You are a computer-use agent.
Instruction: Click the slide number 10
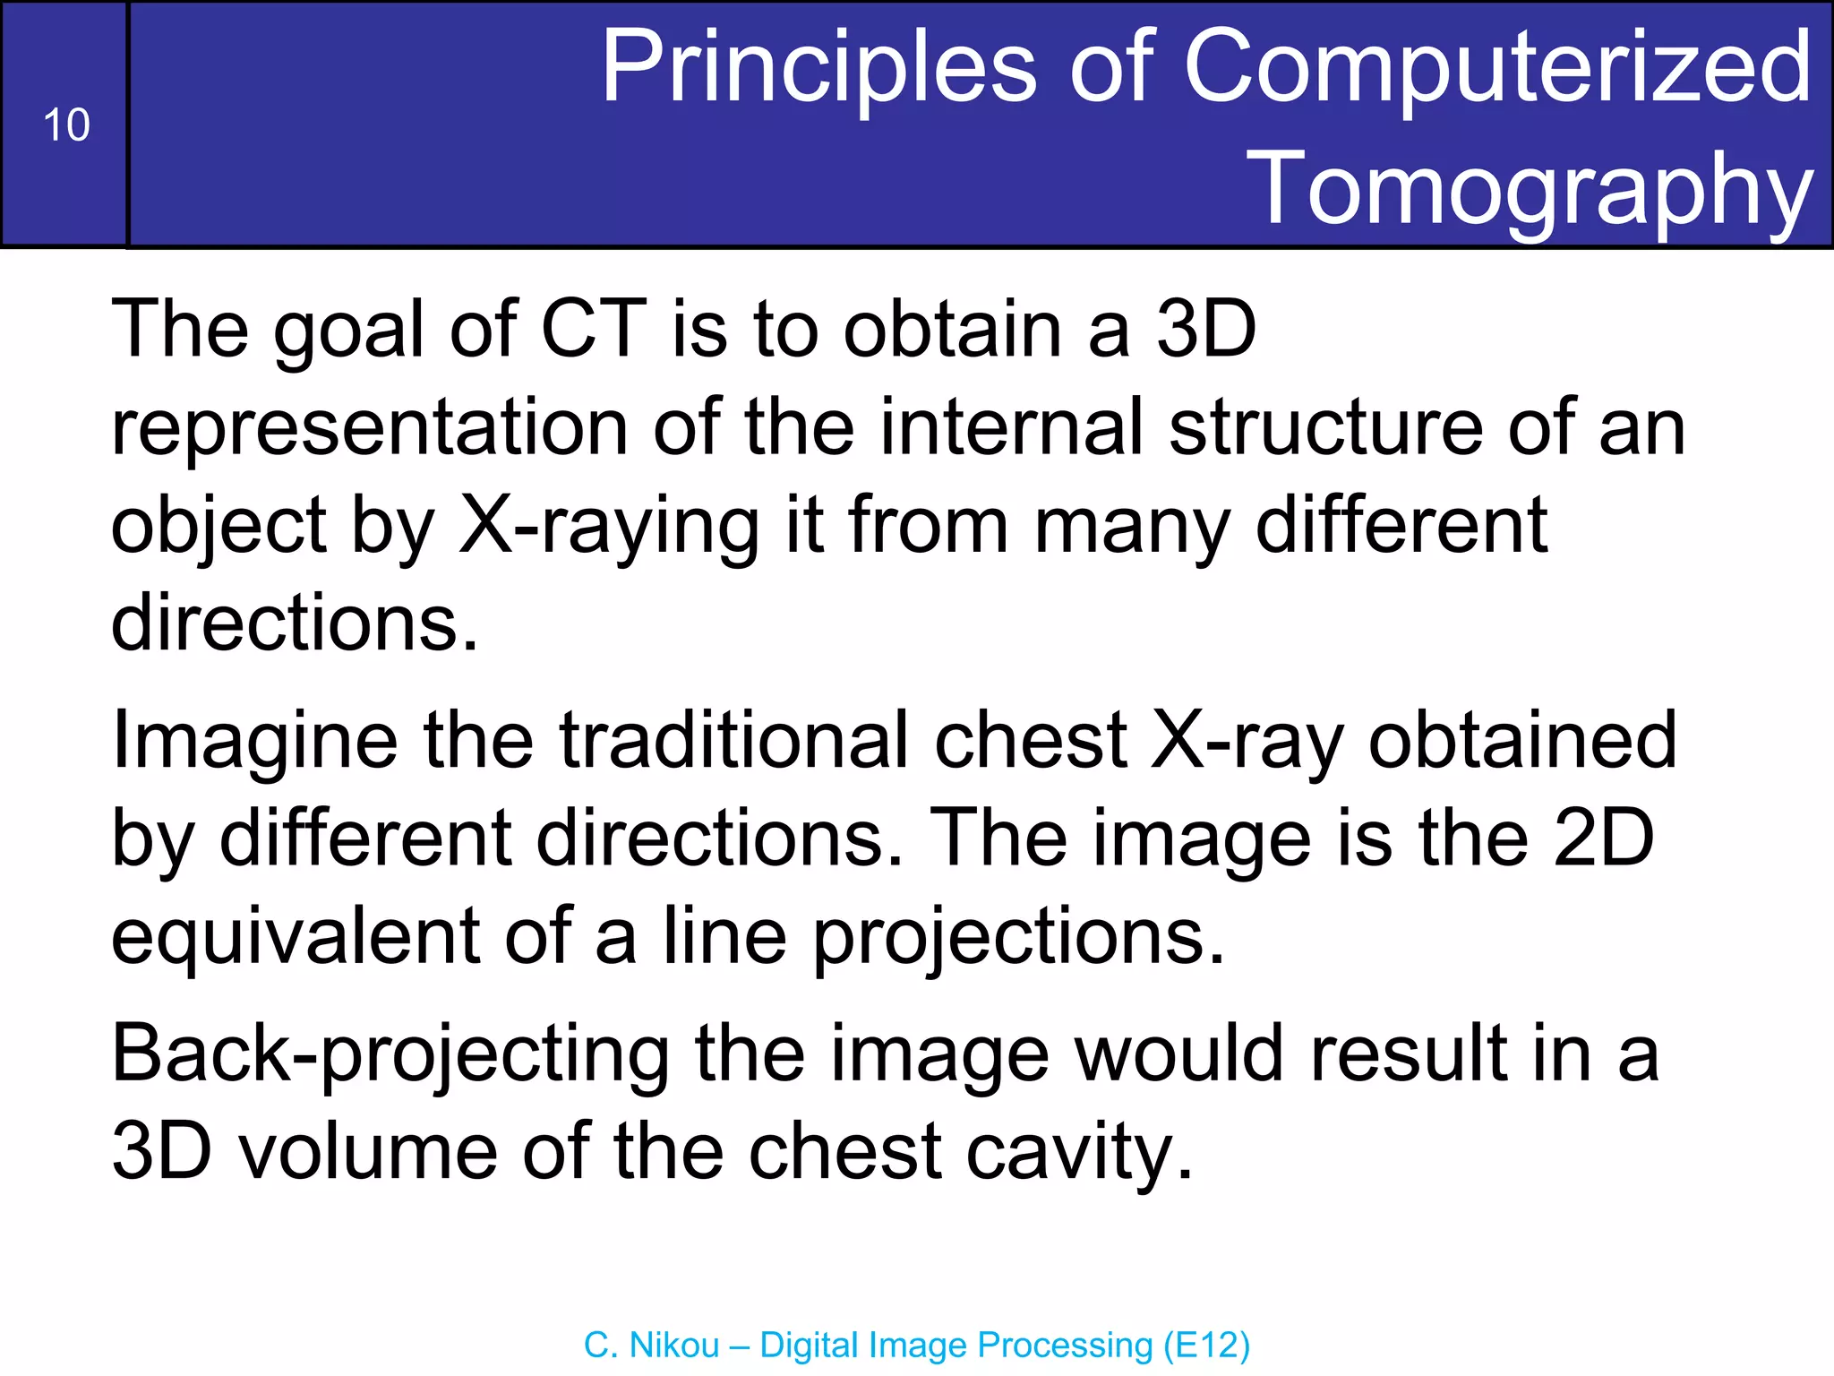tap(66, 125)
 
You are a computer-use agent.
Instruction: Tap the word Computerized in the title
tap(1497, 67)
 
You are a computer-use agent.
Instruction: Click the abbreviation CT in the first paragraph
tap(594, 330)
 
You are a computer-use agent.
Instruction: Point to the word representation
tap(370, 428)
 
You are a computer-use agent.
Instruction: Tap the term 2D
tap(1603, 839)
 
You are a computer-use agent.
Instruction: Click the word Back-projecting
tap(390, 1055)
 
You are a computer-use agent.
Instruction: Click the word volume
tap(368, 1152)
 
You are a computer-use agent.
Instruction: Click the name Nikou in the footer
tap(674, 1346)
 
